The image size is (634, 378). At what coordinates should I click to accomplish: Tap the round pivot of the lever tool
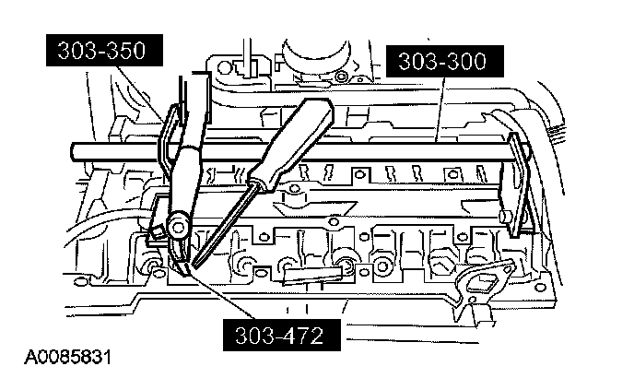tap(178, 224)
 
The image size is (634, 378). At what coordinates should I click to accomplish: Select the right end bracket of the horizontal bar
tap(519, 183)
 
